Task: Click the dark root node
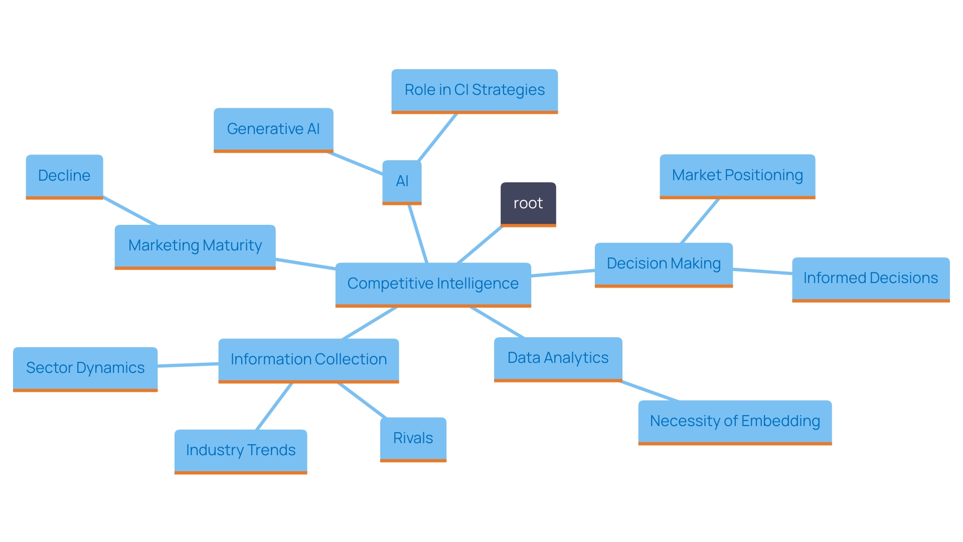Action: (x=528, y=204)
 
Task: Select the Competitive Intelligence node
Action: (x=433, y=284)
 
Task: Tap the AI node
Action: (x=402, y=182)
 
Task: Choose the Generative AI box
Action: (x=273, y=129)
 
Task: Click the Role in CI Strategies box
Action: (x=474, y=90)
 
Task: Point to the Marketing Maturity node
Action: (x=195, y=246)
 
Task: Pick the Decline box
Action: (x=64, y=176)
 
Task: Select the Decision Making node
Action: (x=664, y=264)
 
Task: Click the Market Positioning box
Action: (x=737, y=176)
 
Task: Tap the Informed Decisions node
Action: (x=871, y=279)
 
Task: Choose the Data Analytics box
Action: (x=558, y=358)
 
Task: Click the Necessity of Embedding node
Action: (x=735, y=422)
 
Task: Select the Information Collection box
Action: (x=308, y=360)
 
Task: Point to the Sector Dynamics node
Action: (x=85, y=368)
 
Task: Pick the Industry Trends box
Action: (x=241, y=451)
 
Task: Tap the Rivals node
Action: (x=413, y=439)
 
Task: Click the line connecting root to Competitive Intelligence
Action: (x=479, y=245)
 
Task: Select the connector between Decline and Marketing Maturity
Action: (x=130, y=211)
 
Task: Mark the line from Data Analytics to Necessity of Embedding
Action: (x=650, y=391)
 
